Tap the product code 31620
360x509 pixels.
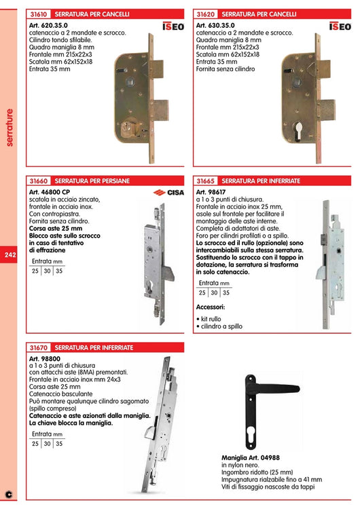(205, 14)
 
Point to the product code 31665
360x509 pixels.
(205, 181)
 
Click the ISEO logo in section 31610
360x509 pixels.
(174, 26)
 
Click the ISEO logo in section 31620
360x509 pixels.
(340, 26)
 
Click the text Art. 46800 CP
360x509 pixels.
(50, 192)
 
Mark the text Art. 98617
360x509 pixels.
(211, 192)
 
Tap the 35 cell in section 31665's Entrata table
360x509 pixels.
(226, 293)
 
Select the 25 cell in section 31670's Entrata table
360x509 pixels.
(35, 444)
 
